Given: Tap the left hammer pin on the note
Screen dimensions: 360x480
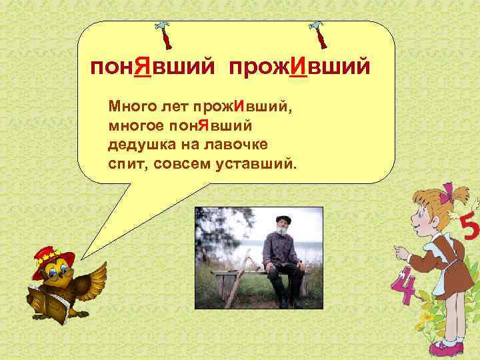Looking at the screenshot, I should (x=164, y=35).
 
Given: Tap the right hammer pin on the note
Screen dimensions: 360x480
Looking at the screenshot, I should (x=319, y=35).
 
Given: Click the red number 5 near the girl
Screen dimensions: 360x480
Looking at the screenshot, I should (x=468, y=231).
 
